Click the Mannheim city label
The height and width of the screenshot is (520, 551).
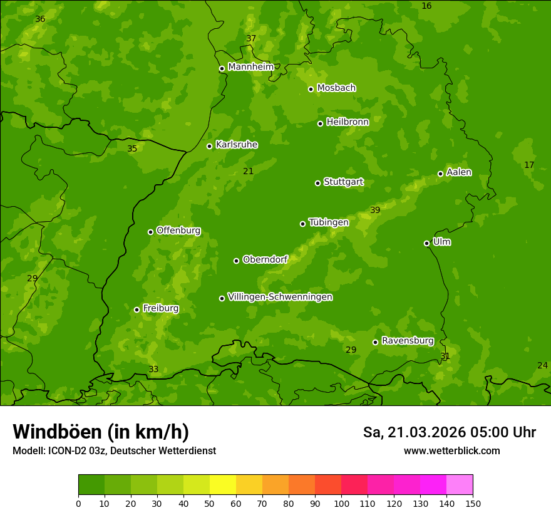[250, 67]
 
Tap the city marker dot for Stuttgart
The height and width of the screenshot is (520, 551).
[317, 183]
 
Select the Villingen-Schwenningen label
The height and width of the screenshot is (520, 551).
[280, 297]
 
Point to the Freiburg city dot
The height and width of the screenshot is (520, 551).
[136, 309]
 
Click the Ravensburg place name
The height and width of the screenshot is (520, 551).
[408, 341]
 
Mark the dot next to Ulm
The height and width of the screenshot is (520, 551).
[426, 243]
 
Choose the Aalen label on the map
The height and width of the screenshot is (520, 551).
[459, 172]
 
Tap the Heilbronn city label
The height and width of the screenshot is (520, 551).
[348, 122]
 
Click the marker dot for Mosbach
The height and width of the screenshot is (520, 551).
[311, 89]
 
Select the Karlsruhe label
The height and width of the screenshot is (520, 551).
[237, 145]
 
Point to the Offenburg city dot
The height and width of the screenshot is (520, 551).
[150, 232]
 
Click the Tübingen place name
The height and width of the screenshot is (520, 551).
[329, 222]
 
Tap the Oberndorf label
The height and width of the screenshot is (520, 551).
[265, 259]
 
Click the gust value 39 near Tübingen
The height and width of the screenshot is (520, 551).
[375, 210]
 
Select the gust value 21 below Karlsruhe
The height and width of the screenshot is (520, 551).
[249, 171]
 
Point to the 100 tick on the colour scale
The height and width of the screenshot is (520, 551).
[341, 503]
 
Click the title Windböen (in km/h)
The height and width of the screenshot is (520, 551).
[101, 432]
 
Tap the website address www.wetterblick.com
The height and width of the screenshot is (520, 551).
[451, 450]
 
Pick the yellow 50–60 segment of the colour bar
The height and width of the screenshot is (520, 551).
[223, 485]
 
